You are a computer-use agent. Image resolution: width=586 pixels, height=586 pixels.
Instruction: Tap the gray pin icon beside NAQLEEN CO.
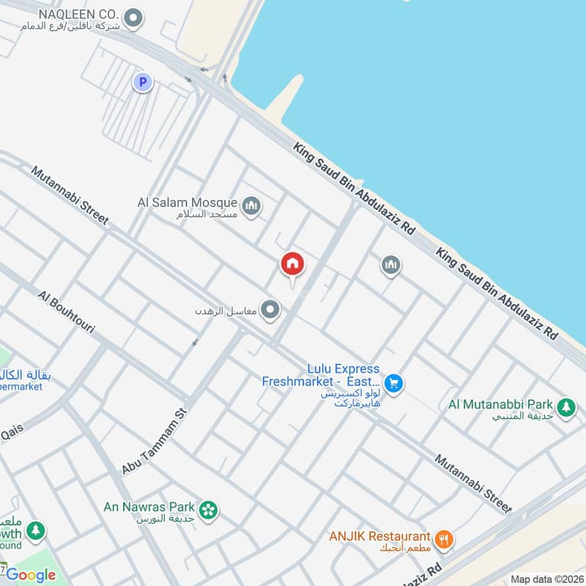coord(133,18)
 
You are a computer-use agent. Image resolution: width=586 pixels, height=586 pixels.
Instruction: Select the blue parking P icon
coord(143,82)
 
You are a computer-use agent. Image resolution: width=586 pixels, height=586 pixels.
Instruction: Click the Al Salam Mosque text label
coord(188,202)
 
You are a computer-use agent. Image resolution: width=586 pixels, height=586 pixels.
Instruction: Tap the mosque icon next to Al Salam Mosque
coord(251,207)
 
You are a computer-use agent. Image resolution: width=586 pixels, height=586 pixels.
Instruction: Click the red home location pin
coord(293,265)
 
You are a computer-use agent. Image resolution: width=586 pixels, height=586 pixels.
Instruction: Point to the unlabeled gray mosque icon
coord(391,264)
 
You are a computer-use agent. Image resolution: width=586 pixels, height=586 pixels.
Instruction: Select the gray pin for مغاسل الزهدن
coord(271,311)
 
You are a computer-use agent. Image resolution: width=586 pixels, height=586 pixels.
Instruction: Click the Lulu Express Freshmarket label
coord(322,375)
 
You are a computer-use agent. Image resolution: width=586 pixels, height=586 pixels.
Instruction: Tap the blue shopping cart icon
coord(394,382)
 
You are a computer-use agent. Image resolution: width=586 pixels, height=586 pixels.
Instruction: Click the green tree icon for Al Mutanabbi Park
coord(565,408)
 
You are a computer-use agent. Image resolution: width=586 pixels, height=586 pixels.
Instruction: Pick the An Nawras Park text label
coord(149,506)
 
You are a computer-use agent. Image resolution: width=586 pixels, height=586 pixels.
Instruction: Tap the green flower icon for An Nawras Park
coord(209,511)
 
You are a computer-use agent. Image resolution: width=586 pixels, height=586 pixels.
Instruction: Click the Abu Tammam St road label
coord(156,441)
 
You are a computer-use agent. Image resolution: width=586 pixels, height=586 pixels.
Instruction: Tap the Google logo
coord(31,575)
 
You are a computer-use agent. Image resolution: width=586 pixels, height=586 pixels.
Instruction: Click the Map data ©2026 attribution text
coord(546,579)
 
